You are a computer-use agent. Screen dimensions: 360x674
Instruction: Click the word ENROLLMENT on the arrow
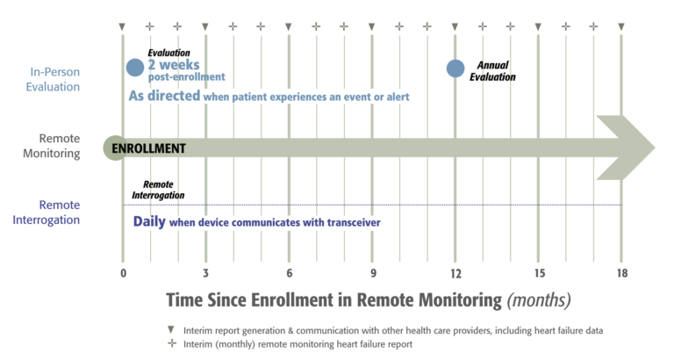[149, 148]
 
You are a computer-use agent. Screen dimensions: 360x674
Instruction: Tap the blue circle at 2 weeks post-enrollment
[134, 68]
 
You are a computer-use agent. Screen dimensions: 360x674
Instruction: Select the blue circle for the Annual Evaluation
[455, 68]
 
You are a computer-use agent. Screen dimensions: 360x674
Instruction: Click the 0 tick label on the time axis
[123, 272]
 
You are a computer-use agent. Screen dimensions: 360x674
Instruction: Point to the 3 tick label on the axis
[205, 272]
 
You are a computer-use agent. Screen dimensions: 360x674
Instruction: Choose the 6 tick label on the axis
[289, 272]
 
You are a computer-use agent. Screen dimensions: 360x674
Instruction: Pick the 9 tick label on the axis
[372, 272]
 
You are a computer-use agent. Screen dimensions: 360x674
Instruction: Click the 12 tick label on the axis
[455, 272]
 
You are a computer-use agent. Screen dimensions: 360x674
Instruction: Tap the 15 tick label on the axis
[538, 272]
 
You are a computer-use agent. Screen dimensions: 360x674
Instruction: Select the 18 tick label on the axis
[621, 272]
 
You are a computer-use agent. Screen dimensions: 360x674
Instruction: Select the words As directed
[164, 95]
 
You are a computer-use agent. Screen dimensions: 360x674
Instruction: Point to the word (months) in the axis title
[539, 299]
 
